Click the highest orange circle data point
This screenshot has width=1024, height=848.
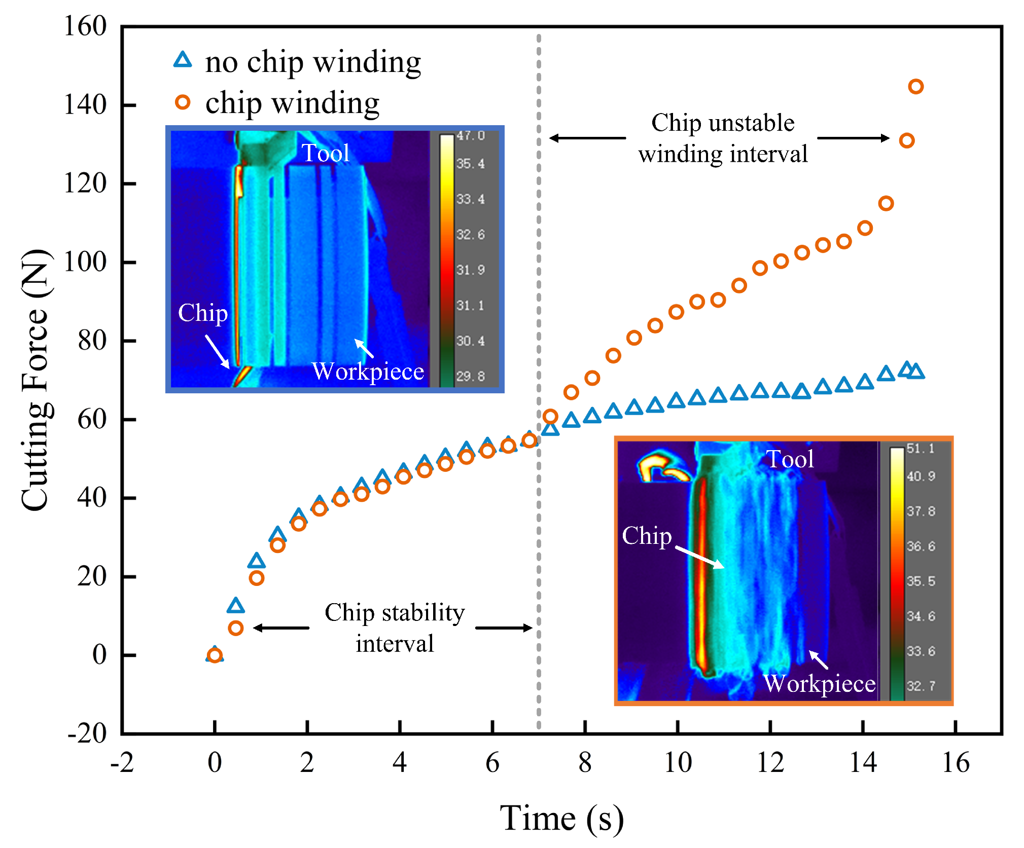915,86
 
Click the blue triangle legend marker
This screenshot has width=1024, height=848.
183,60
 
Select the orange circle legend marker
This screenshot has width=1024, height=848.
183,102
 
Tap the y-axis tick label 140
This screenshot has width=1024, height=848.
85,105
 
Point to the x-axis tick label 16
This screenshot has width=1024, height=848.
956,762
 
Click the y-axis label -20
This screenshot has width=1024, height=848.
87,733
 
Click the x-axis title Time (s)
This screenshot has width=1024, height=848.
561,818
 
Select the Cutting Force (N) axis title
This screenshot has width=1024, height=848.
36,380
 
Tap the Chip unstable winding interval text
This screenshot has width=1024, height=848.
723,138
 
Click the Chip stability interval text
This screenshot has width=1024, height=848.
395,628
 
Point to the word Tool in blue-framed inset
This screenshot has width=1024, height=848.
326,153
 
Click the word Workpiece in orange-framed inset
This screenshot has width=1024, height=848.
819,683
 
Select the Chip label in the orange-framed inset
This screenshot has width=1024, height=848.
647,536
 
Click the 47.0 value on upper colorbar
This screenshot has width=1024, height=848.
470,136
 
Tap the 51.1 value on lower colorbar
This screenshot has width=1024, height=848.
920,449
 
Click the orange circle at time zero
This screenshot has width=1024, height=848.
215,655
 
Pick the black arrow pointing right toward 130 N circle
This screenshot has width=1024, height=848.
853,138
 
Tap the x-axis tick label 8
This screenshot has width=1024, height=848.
585,762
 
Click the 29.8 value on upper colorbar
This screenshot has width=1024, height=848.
470,377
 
